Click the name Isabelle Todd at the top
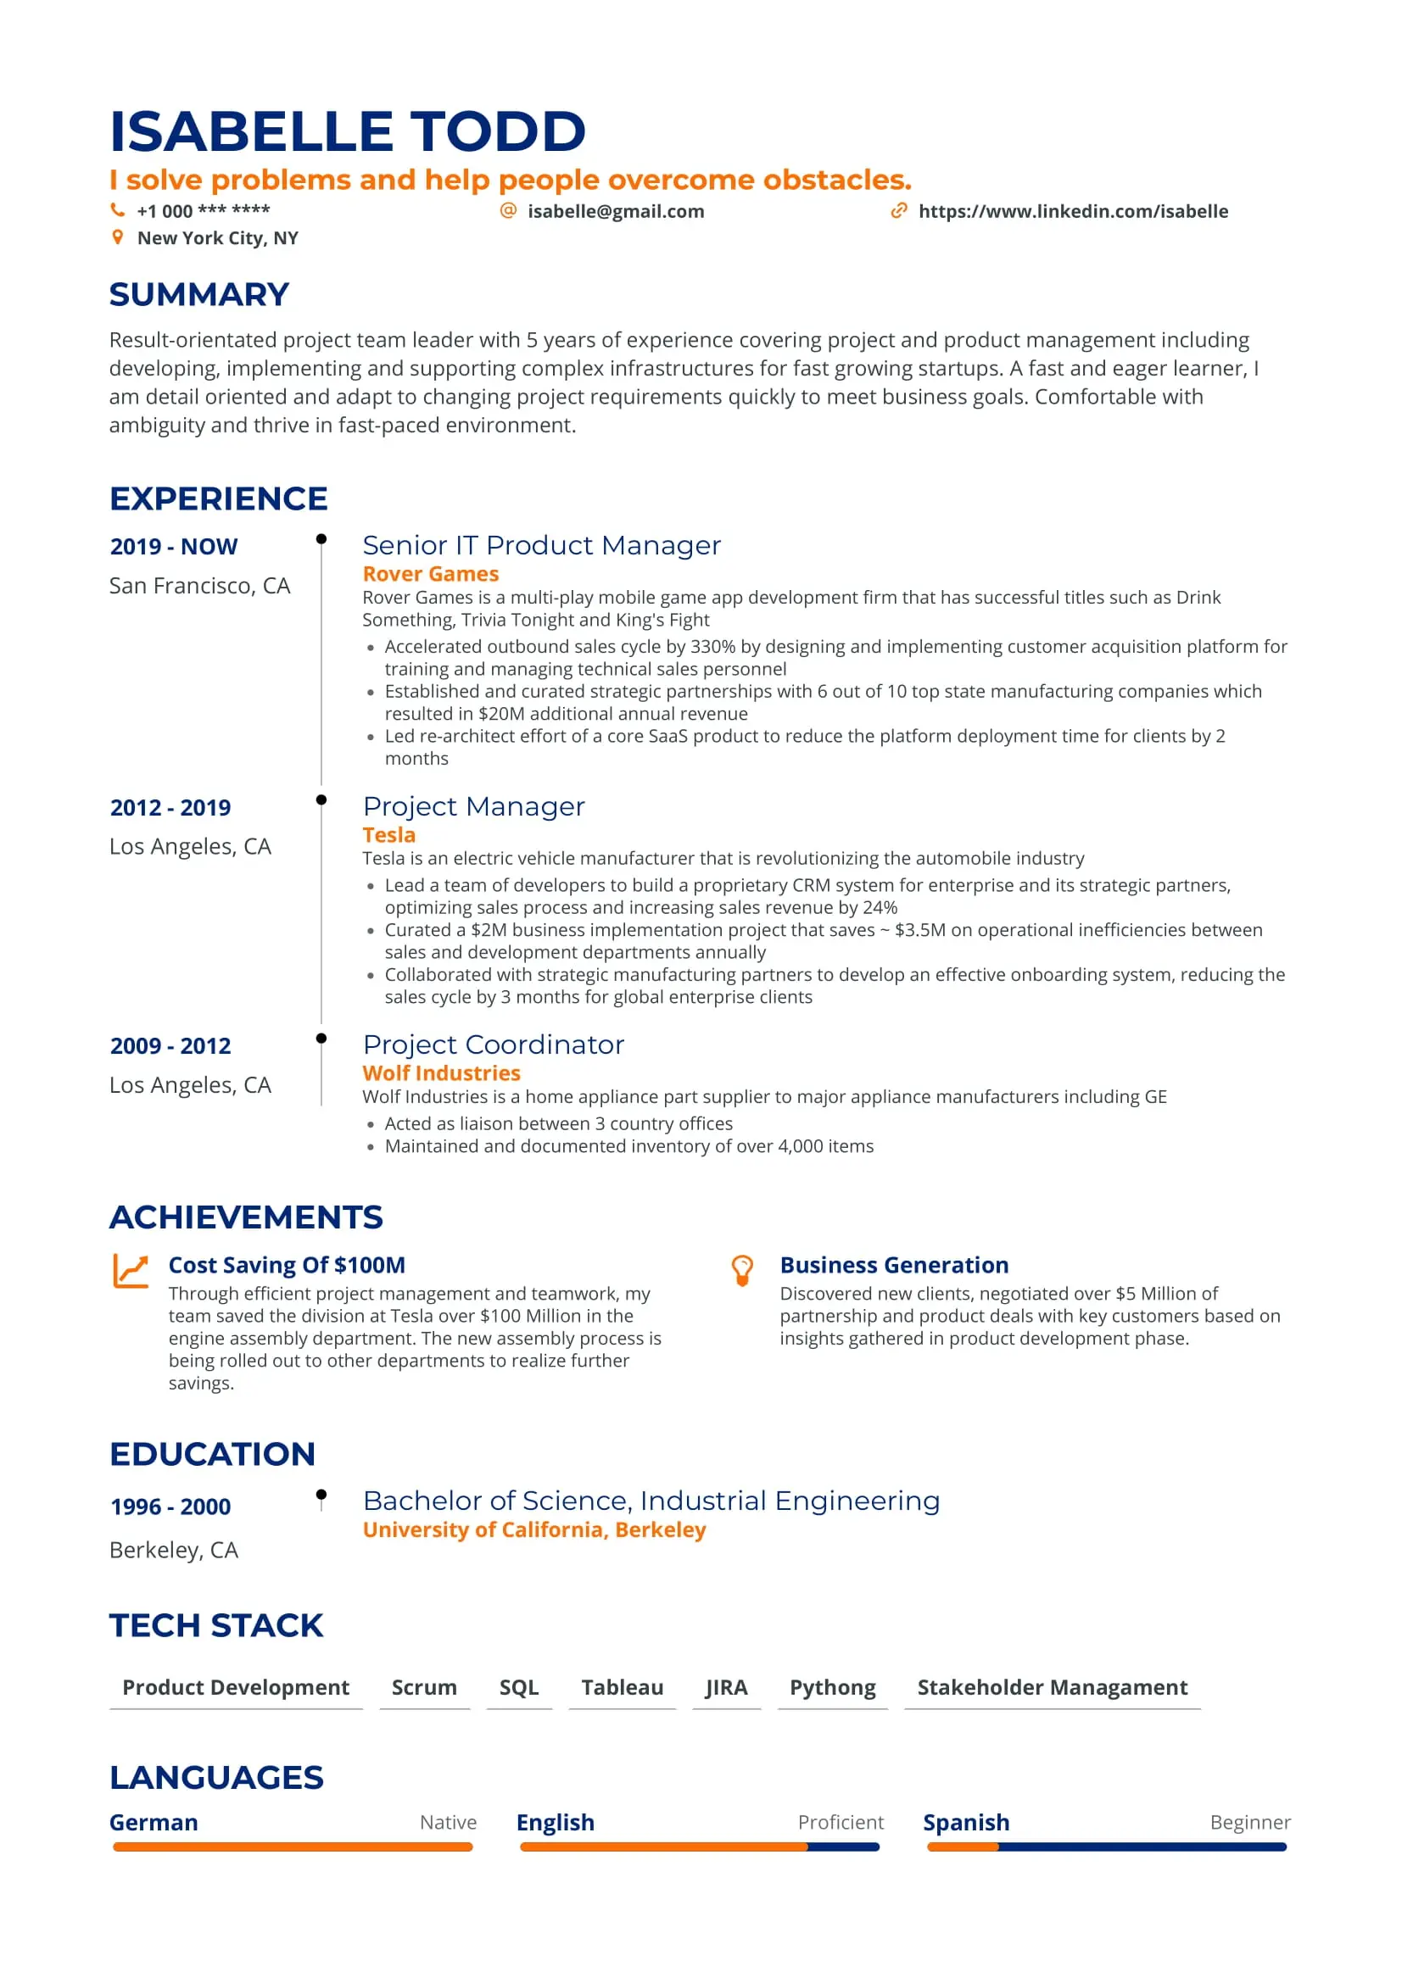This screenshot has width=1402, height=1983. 347,131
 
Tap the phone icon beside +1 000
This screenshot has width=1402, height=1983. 118,210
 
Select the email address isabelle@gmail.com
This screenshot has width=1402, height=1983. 615,212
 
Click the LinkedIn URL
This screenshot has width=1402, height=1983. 1072,212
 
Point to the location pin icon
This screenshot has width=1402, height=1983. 118,237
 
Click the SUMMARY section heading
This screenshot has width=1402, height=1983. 198,294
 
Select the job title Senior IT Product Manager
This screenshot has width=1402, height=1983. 541,546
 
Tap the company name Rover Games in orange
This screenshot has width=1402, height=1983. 430,574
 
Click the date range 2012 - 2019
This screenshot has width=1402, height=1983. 170,808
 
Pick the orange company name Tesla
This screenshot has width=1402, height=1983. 388,835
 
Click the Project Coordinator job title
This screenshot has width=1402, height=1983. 493,1045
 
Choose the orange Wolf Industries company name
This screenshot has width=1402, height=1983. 441,1073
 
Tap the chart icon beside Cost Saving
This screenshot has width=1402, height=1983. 131,1271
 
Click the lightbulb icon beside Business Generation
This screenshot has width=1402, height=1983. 742,1271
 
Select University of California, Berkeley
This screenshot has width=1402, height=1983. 533,1530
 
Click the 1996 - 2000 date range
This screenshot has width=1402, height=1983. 170,1507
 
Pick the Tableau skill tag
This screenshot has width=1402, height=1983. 622,1688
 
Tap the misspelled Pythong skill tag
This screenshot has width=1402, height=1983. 832,1688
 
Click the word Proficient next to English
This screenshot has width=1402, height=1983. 840,1823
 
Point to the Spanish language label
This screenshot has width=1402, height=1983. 966,1824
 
